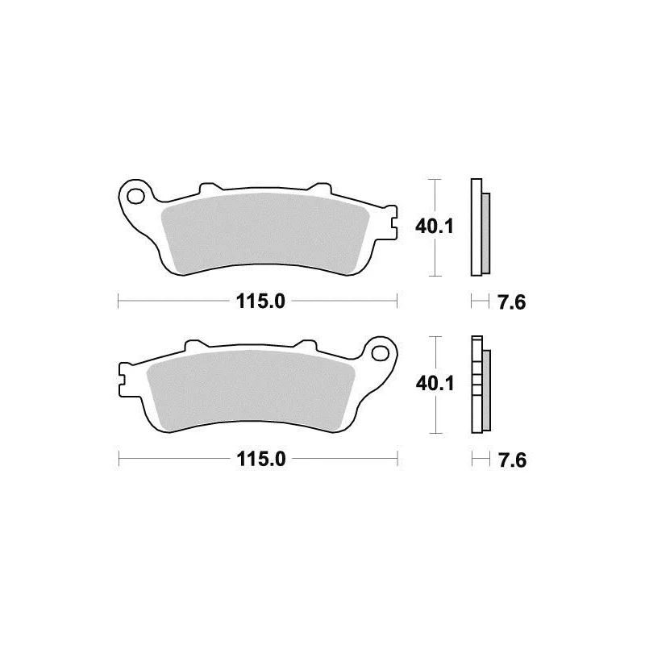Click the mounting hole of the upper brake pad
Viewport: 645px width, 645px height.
click(x=135, y=196)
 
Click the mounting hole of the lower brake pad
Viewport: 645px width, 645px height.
click(x=380, y=353)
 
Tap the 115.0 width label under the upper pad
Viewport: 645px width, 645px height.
click(x=260, y=302)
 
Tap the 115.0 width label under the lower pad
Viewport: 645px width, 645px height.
click(x=260, y=459)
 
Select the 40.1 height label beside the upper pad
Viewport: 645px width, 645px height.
click(x=434, y=227)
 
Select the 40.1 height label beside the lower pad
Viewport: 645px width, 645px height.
click(x=435, y=384)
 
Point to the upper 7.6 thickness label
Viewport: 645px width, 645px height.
click(x=512, y=303)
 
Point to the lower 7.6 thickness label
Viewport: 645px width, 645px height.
click(x=512, y=460)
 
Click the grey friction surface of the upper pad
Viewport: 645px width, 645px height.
click(x=265, y=233)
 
